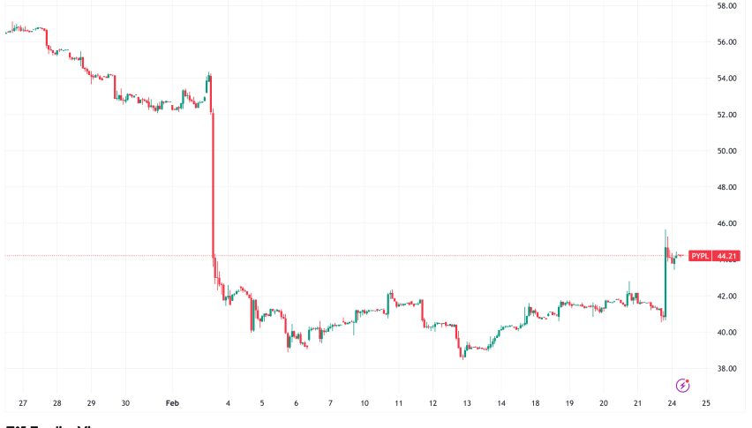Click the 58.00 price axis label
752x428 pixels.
pyautogui.click(x=727, y=5)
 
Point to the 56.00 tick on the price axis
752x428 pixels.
pyautogui.click(x=727, y=41)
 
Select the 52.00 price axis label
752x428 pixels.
pyautogui.click(x=727, y=115)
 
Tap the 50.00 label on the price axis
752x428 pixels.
pyautogui.click(x=727, y=151)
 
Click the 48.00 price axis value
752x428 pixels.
pyautogui.click(x=727, y=187)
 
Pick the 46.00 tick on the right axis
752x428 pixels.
pyautogui.click(x=727, y=223)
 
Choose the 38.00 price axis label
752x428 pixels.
pyautogui.click(x=727, y=369)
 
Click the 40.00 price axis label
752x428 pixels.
pyautogui.click(x=727, y=333)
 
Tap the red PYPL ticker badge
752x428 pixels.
pyautogui.click(x=700, y=256)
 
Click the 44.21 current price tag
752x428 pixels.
pyautogui.click(x=727, y=256)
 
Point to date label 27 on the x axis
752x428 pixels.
pyautogui.click(x=22, y=403)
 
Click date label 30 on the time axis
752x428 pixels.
pyautogui.click(x=125, y=403)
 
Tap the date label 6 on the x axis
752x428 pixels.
pyautogui.click(x=297, y=403)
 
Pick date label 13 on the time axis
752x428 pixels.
pyautogui.click(x=467, y=403)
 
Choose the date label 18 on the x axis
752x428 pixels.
pyautogui.click(x=536, y=403)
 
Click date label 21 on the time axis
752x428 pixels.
pyautogui.click(x=638, y=403)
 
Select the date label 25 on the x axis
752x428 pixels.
pyautogui.click(x=706, y=403)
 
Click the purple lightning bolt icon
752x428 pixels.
pyautogui.click(x=682, y=385)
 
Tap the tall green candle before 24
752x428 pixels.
pyautogui.click(x=665, y=282)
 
